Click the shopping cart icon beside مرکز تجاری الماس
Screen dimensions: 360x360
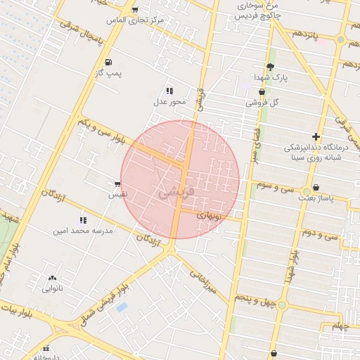(x=134, y=10)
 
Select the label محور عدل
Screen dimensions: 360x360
(x=169, y=101)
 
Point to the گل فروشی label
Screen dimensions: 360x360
(x=262, y=103)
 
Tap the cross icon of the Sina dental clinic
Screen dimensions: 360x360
(x=316, y=136)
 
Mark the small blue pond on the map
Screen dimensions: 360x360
(x=122, y=307)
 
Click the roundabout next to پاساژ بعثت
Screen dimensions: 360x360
(x=307, y=191)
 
